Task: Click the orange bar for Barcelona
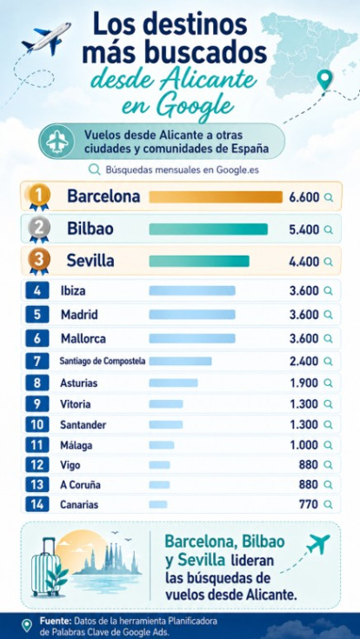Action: click(x=216, y=196)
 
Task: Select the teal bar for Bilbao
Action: click(x=209, y=230)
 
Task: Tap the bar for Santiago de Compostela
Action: click(x=180, y=361)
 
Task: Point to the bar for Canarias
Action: click(x=158, y=504)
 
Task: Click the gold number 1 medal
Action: click(x=39, y=197)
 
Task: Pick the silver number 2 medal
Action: click(x=39, y=230)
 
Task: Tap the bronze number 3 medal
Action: click(x=39, y=261)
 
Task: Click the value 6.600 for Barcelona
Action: click(x=303, y=197)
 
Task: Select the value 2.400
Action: click(x=303, y=361)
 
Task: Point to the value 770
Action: click(x=309, y=504)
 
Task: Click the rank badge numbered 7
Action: click(x=37, y=361)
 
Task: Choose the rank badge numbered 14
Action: click(x=37, y=504)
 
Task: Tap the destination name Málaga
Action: click(x=76, y=445)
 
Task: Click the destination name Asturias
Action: click(x=78, y=383)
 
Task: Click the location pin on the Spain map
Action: click(x=324, y=80)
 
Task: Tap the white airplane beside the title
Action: click(x=47, y=37)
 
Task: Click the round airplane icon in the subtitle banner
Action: click(x=57, y=142)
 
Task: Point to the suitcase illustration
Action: click(x=43, y=567)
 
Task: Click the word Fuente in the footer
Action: click(x=55, y=621)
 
